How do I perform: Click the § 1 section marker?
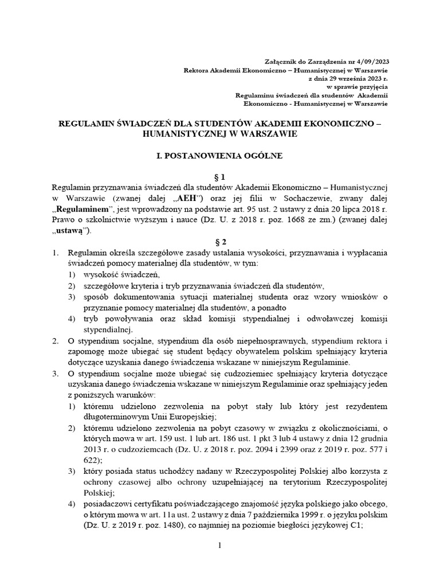pos(220,178)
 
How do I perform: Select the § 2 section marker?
pos(220,243)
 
